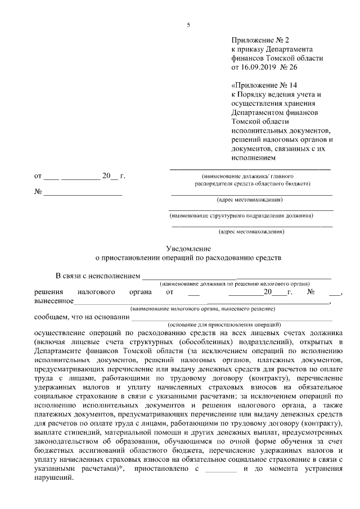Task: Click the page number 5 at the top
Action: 188,25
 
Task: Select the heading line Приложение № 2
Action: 259,40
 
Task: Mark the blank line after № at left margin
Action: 83,192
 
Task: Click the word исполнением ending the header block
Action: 253,157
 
